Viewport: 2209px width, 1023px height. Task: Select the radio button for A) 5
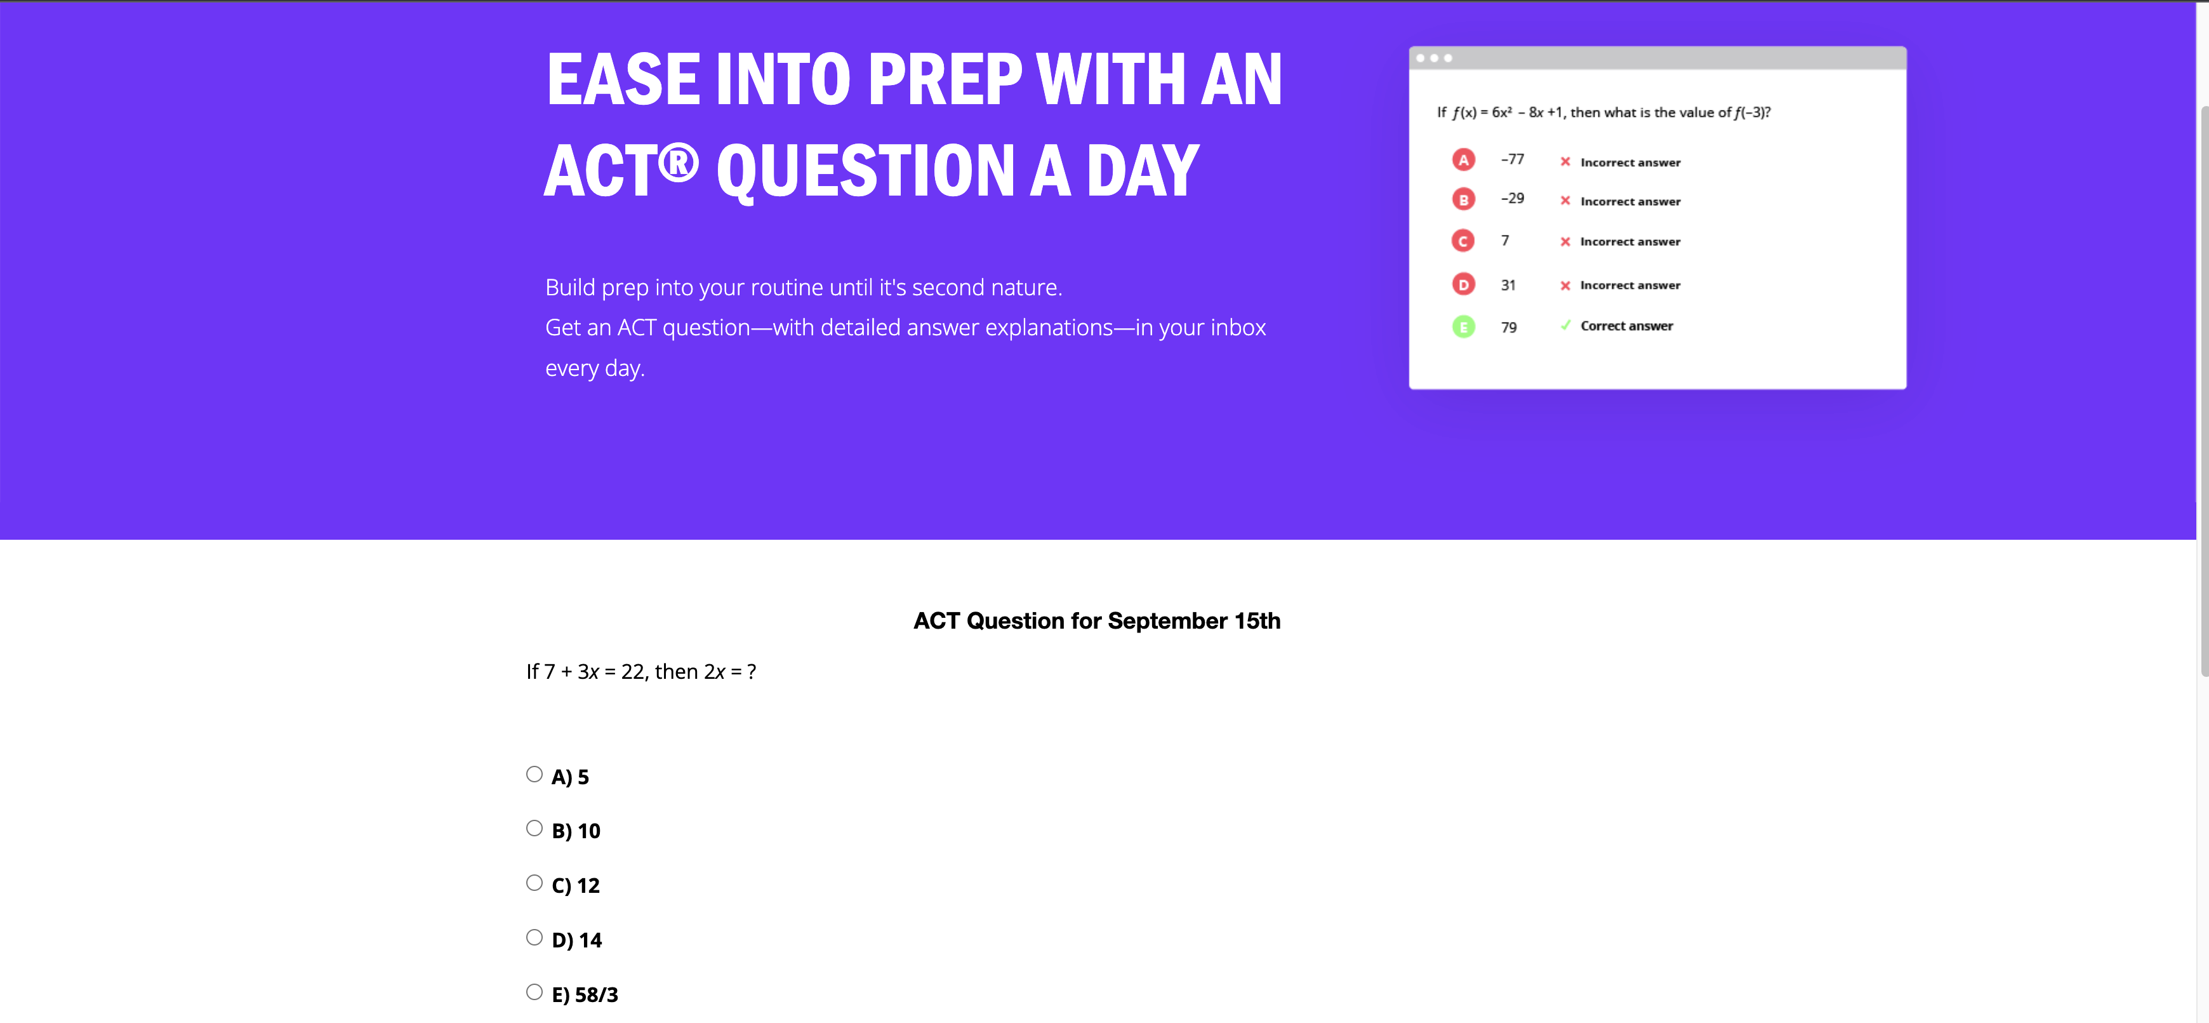click(x=534, y=774)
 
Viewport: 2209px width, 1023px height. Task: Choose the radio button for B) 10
click(x=534, y=828)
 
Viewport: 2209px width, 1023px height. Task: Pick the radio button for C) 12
click(x=534, y=883)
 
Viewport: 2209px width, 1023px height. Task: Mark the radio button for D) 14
click(x=534, y=937)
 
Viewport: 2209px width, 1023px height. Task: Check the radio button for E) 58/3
click(x=534, y=992)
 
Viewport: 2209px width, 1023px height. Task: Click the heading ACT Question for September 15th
click(x=1097, y=621)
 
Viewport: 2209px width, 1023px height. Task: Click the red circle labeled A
click(x=1463, y=159)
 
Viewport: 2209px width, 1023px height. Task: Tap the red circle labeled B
click(x=1463, y=200)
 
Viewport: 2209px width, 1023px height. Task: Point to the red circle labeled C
click(x=1463, y=241)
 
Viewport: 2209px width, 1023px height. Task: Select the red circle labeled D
click(x=1463, y=284)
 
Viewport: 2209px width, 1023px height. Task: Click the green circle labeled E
click(x=1463, y=326)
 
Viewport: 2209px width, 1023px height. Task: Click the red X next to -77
click(x=1565, y=161)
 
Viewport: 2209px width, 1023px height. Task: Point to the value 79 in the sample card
click(x=1508, y=328)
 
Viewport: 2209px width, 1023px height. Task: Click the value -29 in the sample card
click(x=1512, y=198)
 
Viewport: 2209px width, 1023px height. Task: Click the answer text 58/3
click(x=596, y=994)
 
